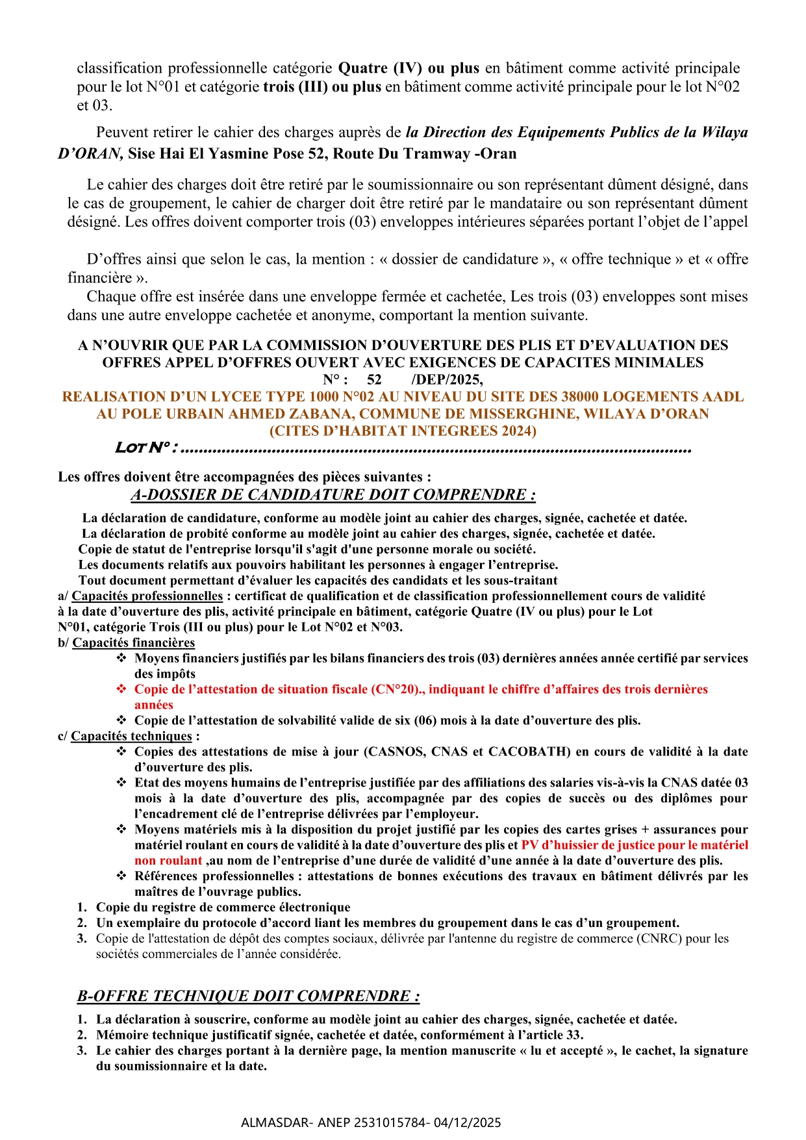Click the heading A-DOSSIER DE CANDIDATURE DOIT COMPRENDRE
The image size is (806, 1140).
pyautogui.click(x=333, y=495)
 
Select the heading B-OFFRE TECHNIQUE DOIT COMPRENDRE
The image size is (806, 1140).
pyautogui.click(x=248, y=996)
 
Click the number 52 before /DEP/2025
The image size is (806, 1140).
pyautogui.click(x=374, y=379)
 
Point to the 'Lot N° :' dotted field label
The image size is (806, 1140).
pyautogui.click(x=147, y=448)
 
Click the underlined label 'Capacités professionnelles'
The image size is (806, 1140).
pyautogui.click(x=147, y=596)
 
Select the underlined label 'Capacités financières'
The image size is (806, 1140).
pyautogui.click(x=133, y=642)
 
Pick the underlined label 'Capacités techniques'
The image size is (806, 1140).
pyautogui.click(x=131, y=736)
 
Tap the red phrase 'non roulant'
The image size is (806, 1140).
pyautogui.click(x=168, y=861)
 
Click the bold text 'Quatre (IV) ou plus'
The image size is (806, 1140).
pyautogui.click(x=409, y=68)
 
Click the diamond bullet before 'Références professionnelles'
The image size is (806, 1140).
pyautogui.click(x=121, y=876)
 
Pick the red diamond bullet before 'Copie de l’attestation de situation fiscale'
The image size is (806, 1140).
pyautogui.click(x=121, y=689)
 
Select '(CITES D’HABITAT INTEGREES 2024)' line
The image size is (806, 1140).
pyautogui.click(x=403, y=431)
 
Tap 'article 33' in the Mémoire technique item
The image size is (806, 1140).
pyautogui.click(x=555, y=1035)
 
